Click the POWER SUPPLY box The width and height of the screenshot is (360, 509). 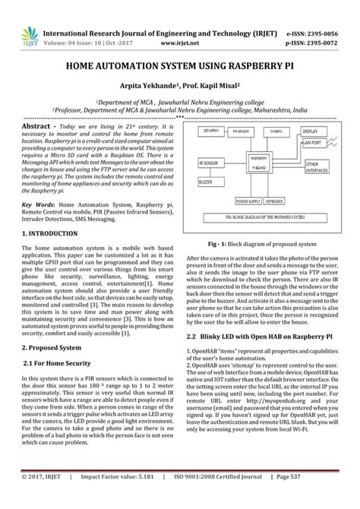point(248,201)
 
